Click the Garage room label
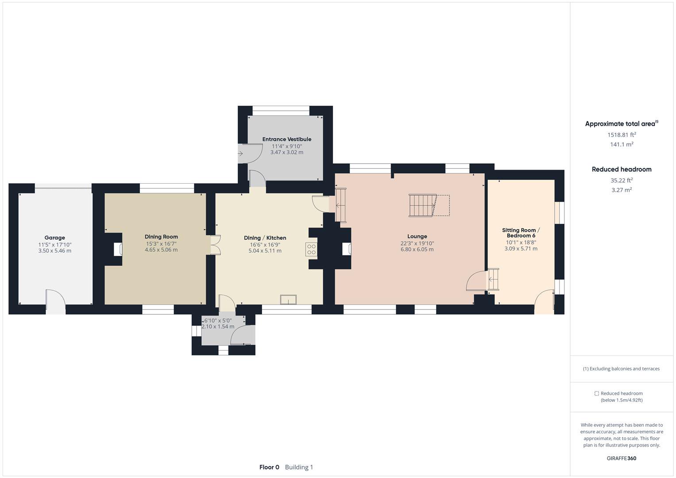click(54, 238)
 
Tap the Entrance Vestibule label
click(287, 139)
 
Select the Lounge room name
click(417, 237)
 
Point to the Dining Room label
click(161, 237)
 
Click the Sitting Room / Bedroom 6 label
click(521, 233)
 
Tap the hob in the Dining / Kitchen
click(311, 249)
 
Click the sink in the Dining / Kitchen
click(288, 300)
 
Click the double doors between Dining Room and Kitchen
click(216, 245)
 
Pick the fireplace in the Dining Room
click(118, 250)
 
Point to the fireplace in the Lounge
click(347, 249)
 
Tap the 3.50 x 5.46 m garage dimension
click(54, 251)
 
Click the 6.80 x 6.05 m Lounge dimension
click(417, 250)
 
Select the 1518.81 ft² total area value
click(622, 135)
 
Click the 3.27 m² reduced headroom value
click(622, 190)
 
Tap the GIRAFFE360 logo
click(622, 459)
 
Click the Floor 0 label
click(269, 467)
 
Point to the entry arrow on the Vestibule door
click(240, 154)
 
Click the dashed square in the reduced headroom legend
click(596, 393)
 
